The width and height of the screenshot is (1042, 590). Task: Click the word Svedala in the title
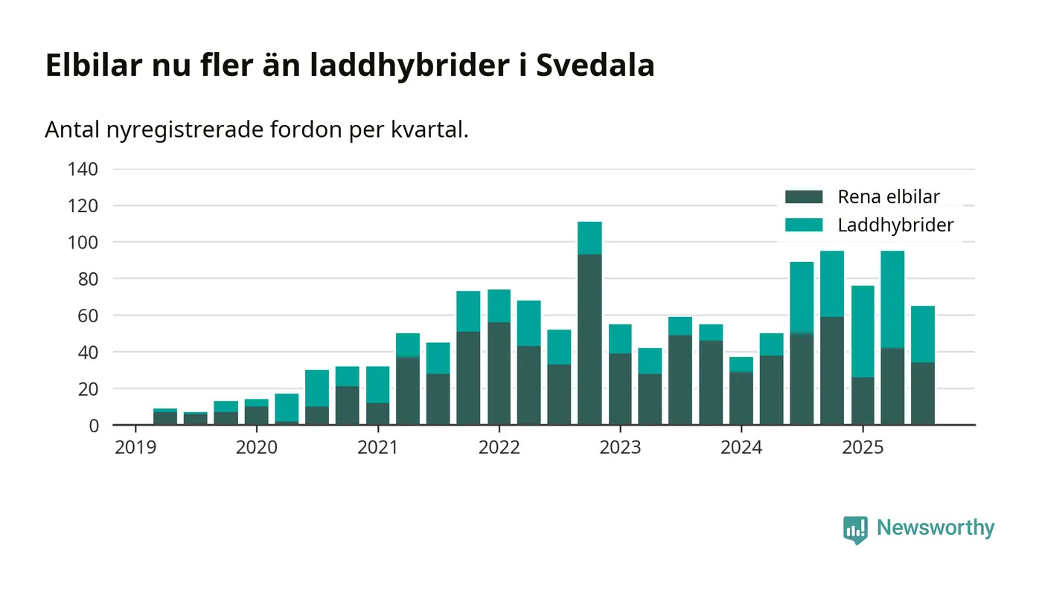pyautogui.click(x=595, y=65)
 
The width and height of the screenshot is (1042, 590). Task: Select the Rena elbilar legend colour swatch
pyautogui.click(x=804, y=197)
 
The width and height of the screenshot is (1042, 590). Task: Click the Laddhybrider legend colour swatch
pyautogui.click(x=804, y=225)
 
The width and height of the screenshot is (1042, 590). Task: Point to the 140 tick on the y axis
pyautogui.click(x=83, y=169)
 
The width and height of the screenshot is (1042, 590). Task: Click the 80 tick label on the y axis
pyautogui.click(x=87, y=279)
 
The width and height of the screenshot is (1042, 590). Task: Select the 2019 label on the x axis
pyautogui.click(x=135, y=448)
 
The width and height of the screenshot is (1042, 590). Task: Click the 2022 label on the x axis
pyautogui.click(x=499, y=448)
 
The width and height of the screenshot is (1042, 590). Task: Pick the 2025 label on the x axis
pyautogui.click(x=862, y=448)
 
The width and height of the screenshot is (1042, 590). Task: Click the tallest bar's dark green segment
pyautogui.click(x=589, y=339)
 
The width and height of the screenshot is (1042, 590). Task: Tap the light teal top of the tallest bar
pyautogui.click(x=589, y=238)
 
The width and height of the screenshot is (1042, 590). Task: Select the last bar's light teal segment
pyautogui.click(x=923, y=334)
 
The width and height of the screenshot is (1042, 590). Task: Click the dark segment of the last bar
pyautogui.click(x=923, y=394)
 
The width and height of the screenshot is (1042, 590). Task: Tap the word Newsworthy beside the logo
pyautogui.click(x=936, y=528)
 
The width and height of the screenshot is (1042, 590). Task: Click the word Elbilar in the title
pyautogui.click(x=94, y=65)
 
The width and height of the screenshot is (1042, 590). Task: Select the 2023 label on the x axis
pyautogui.click(x=620, y=448)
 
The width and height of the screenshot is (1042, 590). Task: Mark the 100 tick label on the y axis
pyautogui.click(x=83, y=243)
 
